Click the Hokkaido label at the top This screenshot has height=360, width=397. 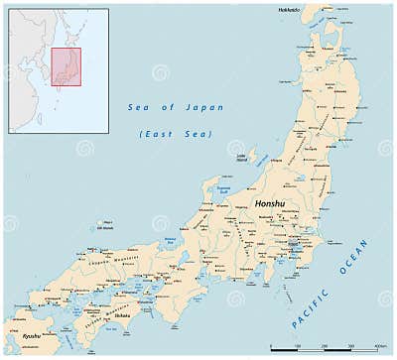(289, 9)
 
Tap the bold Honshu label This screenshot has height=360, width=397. (269, 203)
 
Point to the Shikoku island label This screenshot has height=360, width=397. (122, 314)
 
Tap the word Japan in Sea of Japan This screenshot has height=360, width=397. (207, 107)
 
